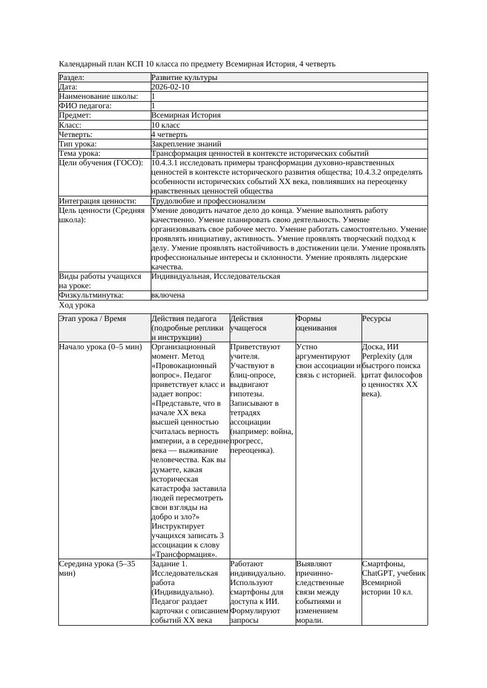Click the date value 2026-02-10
(x=170, y=87)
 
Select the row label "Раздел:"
(x=72, y=78)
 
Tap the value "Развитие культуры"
(x=184, y=78)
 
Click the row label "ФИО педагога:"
(x=85, y=106)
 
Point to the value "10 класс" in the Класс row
(x=165, y=125)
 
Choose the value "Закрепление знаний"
(x=186, y=144)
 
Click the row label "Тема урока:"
(x=80, y=153)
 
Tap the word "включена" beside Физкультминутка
(x=168, y=295)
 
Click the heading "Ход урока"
(x=77, y=305)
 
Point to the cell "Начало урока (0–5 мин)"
(x=101, y=347)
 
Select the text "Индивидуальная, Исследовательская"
(x=216, y=276)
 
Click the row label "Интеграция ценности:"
(x=98, y=201)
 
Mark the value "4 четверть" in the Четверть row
(x=169, y=135)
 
